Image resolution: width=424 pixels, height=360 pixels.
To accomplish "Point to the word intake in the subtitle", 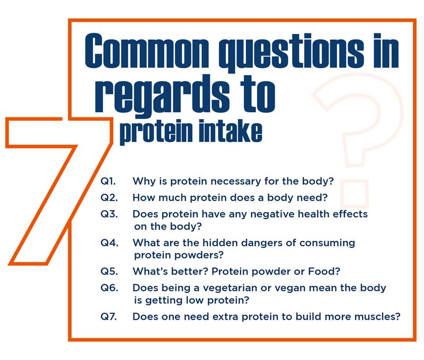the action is tap(231, 131).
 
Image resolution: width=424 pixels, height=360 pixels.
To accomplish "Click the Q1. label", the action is tap(108, 181).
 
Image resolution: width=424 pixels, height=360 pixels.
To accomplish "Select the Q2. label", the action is tap(109, 197).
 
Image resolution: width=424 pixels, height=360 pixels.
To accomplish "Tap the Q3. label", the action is tap(109, 214).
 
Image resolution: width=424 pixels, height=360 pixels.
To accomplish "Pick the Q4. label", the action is tap(109, 242).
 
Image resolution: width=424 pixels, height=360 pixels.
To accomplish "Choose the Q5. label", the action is tap(109, 271).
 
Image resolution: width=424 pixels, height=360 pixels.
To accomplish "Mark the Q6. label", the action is tap(109, 287).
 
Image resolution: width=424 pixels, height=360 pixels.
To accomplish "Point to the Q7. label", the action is tap(109, 316).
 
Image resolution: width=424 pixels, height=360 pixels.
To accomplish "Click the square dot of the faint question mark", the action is tap(354, 193).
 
